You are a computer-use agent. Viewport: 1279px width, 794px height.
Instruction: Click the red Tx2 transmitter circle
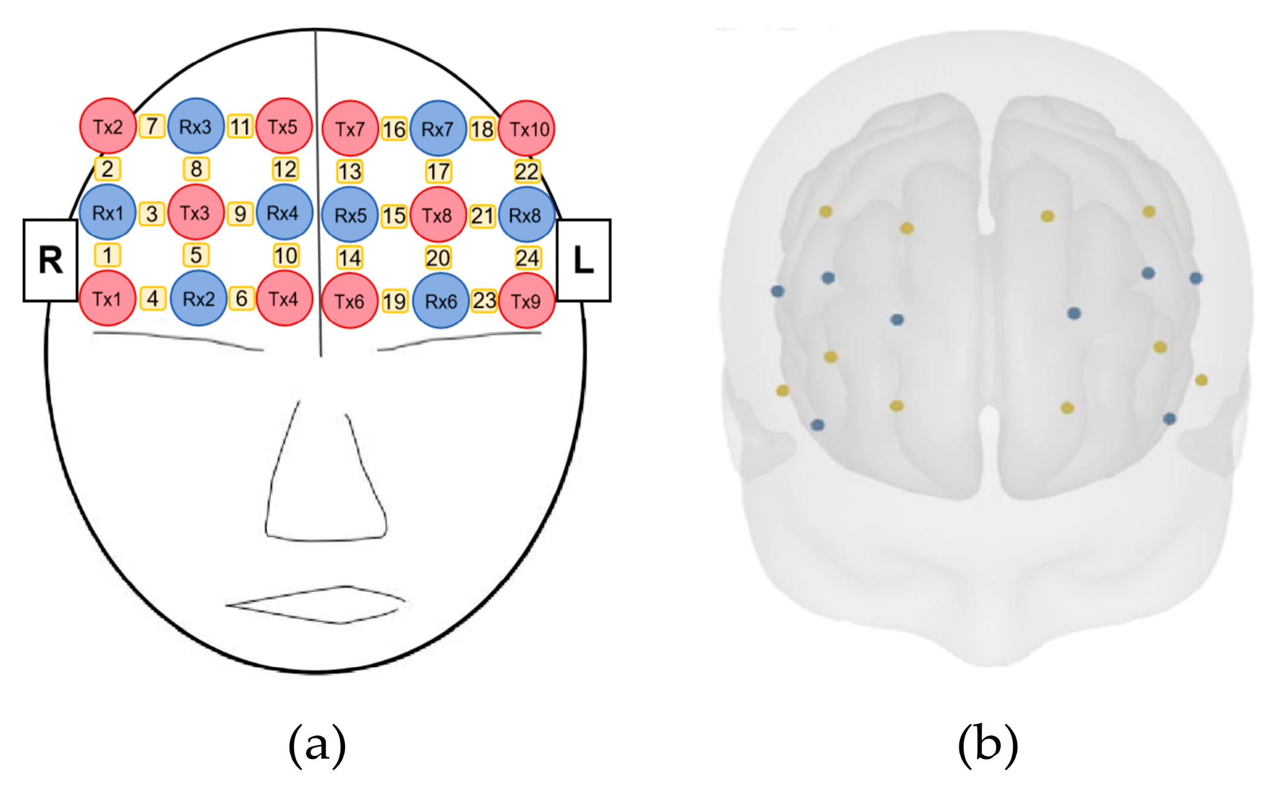108,126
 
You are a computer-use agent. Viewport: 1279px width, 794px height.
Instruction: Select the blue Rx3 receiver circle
196,126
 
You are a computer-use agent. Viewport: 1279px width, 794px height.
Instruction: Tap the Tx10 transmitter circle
527,129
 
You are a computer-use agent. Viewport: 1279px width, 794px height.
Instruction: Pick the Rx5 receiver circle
350,215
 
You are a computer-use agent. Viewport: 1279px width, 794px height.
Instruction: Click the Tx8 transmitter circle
438,215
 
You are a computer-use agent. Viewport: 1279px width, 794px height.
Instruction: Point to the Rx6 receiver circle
440,301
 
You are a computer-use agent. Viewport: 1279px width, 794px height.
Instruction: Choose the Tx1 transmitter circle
108,299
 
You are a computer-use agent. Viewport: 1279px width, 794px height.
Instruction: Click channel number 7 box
152,126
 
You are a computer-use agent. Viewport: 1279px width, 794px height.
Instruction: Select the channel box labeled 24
527,258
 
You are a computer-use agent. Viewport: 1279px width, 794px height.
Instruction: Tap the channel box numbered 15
394,216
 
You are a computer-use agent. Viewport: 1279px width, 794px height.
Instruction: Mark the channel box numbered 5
196,255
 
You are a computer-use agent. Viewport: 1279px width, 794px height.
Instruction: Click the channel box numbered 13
350,172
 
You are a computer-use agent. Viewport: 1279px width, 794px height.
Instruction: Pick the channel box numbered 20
438,258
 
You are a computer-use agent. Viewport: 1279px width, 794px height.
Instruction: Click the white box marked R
50,260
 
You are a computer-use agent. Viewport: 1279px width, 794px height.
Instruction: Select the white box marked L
583,260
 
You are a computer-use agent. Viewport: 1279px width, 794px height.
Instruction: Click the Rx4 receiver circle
284,213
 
